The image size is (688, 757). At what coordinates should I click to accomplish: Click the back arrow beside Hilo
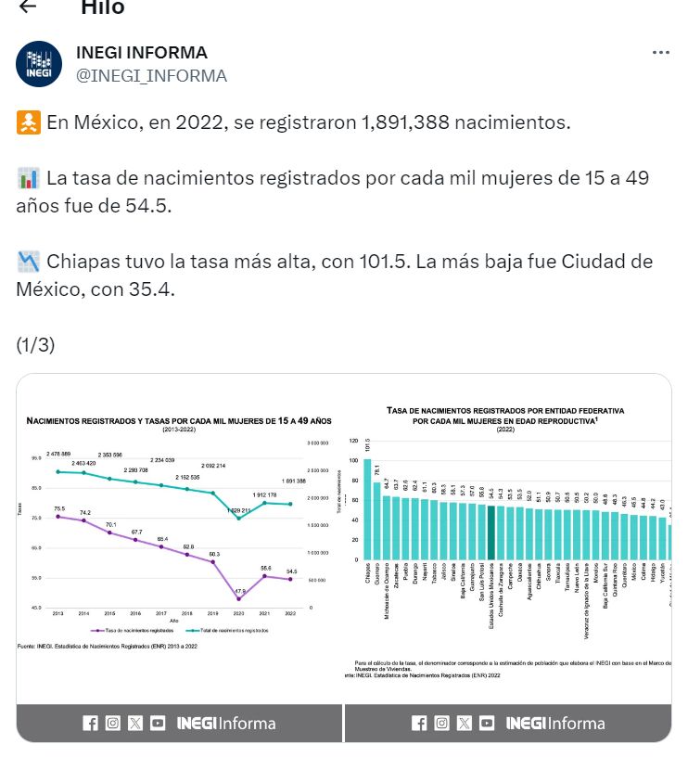click(x=28, y=6)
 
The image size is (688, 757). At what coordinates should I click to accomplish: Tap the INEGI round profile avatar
click(x=39, y=64)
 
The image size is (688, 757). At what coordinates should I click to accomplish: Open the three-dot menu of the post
click(x=660, y=53)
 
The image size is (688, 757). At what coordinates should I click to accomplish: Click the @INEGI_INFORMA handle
click(x=151, y=76)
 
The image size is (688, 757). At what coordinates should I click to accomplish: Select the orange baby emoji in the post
click(x=28, y=122)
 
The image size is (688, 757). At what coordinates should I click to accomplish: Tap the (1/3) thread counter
click(x=35, y=345)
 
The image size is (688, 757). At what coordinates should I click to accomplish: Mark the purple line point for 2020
click(x=239, y=598)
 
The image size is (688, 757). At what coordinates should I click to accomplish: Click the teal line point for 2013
click(x=58, y=471)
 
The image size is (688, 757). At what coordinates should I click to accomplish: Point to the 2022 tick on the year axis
click(x=291, y=614)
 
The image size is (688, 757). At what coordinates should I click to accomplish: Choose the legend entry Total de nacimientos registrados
click(x=232, y=630)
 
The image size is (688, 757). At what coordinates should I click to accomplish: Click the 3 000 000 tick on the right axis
click(x=318, y=443)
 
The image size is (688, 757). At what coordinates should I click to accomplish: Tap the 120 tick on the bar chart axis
click(x=352, y=441)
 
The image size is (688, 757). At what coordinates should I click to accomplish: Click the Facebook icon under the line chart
click(x=90, y=724)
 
